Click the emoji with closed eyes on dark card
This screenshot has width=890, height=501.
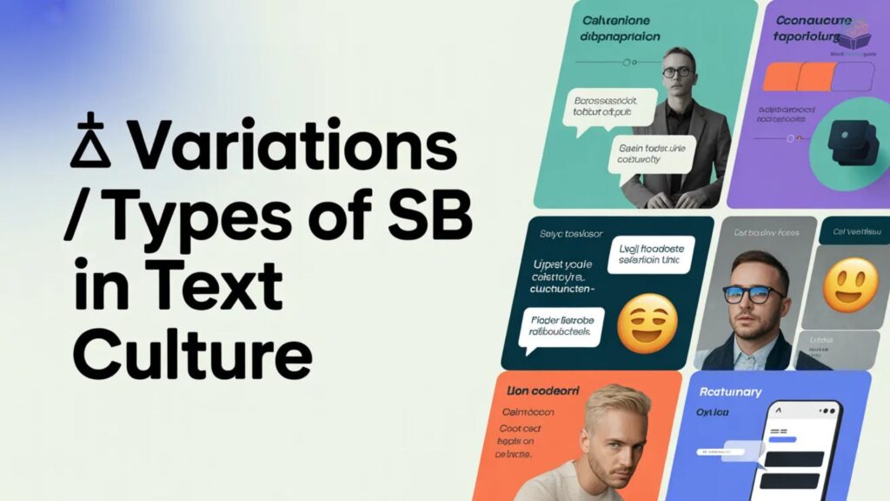[647, 323]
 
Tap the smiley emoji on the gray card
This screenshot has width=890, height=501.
[851, 285]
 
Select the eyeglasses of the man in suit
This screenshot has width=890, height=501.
[677, 72]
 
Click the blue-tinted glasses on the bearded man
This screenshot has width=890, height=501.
[753, 293]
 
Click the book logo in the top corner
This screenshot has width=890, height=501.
[857, 37]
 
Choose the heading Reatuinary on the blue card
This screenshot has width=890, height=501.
[731, 392]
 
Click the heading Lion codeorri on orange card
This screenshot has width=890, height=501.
[541, 392]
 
